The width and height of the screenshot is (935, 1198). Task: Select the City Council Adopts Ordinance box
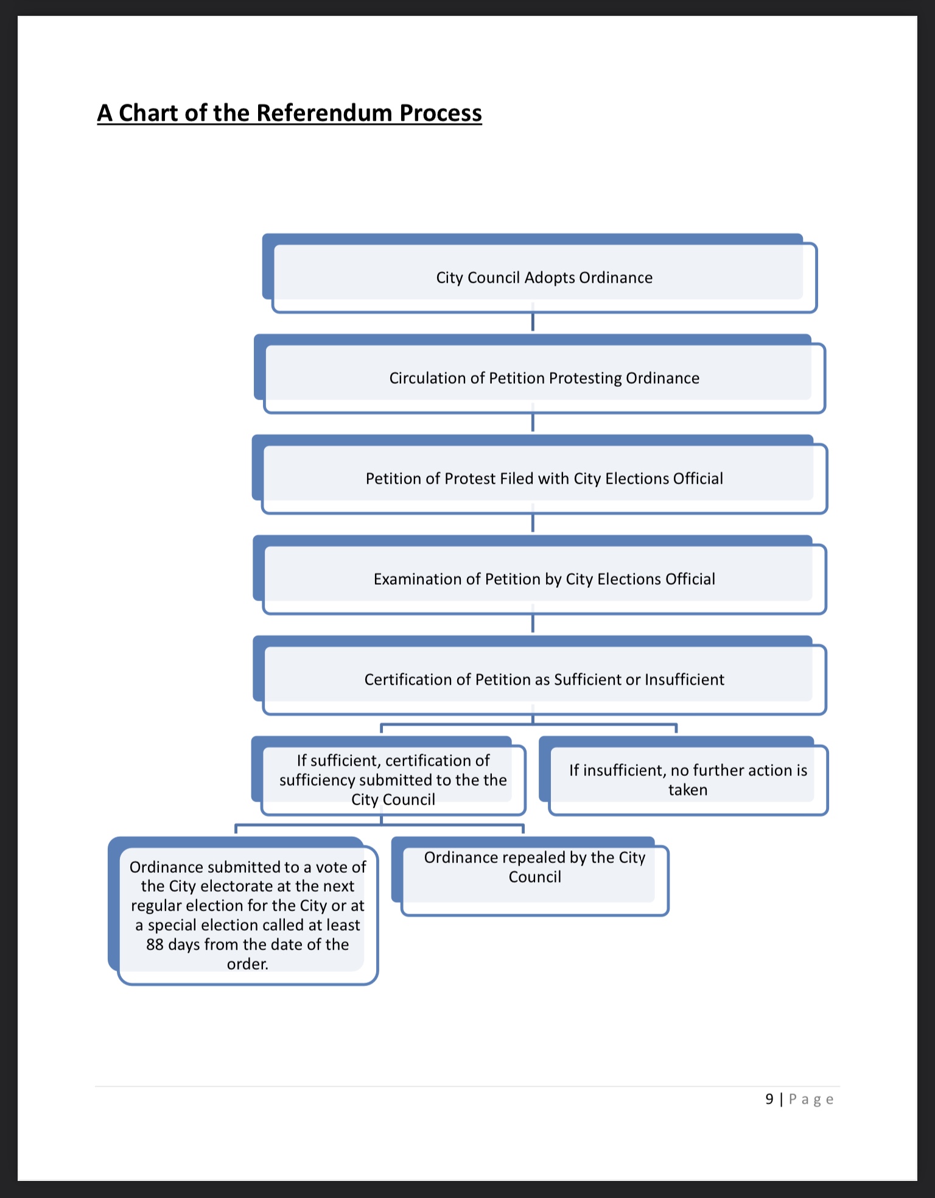[x=539, y=273]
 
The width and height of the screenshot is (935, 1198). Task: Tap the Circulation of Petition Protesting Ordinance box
[x=539, y=374]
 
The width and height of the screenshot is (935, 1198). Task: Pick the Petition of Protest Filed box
[x=539, y=474]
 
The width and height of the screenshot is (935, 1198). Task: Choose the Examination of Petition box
[x=539, y=575]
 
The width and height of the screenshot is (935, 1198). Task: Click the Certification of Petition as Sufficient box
[x=539, y=675]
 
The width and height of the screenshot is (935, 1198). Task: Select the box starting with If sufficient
[x=388, y=776]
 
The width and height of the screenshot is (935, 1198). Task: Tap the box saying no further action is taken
[x=684, y=776]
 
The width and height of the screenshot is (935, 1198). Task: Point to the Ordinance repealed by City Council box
[x=530, y=876]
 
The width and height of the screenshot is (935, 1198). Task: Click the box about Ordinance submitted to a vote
[x=243, y=911]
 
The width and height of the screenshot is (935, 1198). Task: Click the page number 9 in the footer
[x=769, y=1099]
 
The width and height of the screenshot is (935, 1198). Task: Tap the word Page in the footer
[x=811, y=1099]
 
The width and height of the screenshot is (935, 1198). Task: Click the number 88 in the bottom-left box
[x=155, y=945]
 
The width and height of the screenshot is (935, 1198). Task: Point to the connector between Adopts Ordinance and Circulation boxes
[x=533, y=322]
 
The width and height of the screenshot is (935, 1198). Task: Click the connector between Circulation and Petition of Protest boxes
[x=533, y=422]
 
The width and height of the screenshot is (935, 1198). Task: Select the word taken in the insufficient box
[x=688, y=790]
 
